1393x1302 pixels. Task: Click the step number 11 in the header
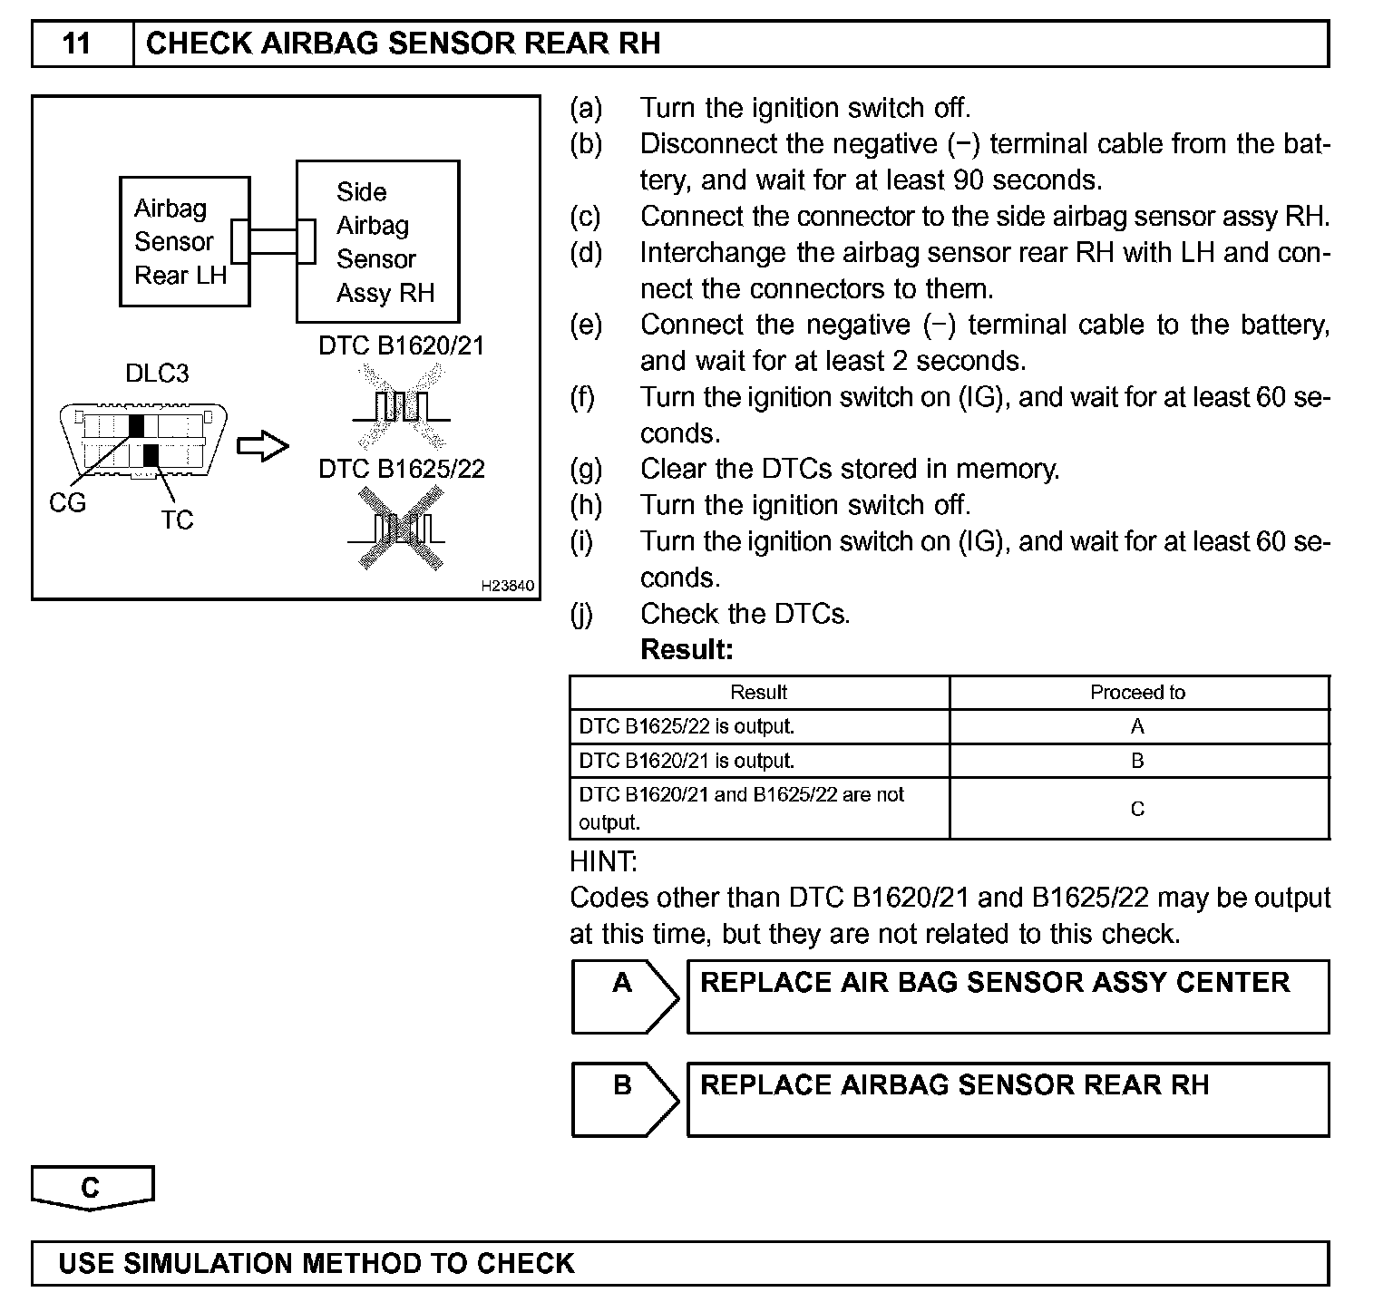(x=78, y=44)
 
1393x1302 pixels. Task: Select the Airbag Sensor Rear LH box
(x=184, y=241)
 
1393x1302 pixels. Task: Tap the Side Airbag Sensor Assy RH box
(x=378, y=242)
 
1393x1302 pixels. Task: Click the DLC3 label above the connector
(x=157, y=374)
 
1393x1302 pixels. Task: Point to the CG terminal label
(x=68, y=502)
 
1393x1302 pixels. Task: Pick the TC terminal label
(x=177, y=520)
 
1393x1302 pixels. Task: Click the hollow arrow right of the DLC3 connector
(x=263, y=446)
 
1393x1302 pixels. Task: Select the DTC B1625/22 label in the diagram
(x=401, y=469)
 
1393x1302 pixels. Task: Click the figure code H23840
(x=508, y=586)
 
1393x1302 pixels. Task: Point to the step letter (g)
(x=586, y=469)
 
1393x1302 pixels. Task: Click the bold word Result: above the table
(x=687, y=649)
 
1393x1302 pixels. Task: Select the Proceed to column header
(x=1137, y=693)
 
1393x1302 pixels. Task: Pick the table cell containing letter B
(x=1137, y=761)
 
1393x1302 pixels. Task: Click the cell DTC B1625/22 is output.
(x=687, y=726)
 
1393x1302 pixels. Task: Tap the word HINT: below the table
(x=604, y=860)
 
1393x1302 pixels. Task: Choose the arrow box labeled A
(x=624, y=996)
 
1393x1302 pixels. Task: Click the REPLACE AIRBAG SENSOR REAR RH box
(x=1007, y=1099)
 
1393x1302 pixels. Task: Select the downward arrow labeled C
(x=92, y=1188)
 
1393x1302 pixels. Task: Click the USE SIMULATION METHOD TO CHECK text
(x=317, y=1264)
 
